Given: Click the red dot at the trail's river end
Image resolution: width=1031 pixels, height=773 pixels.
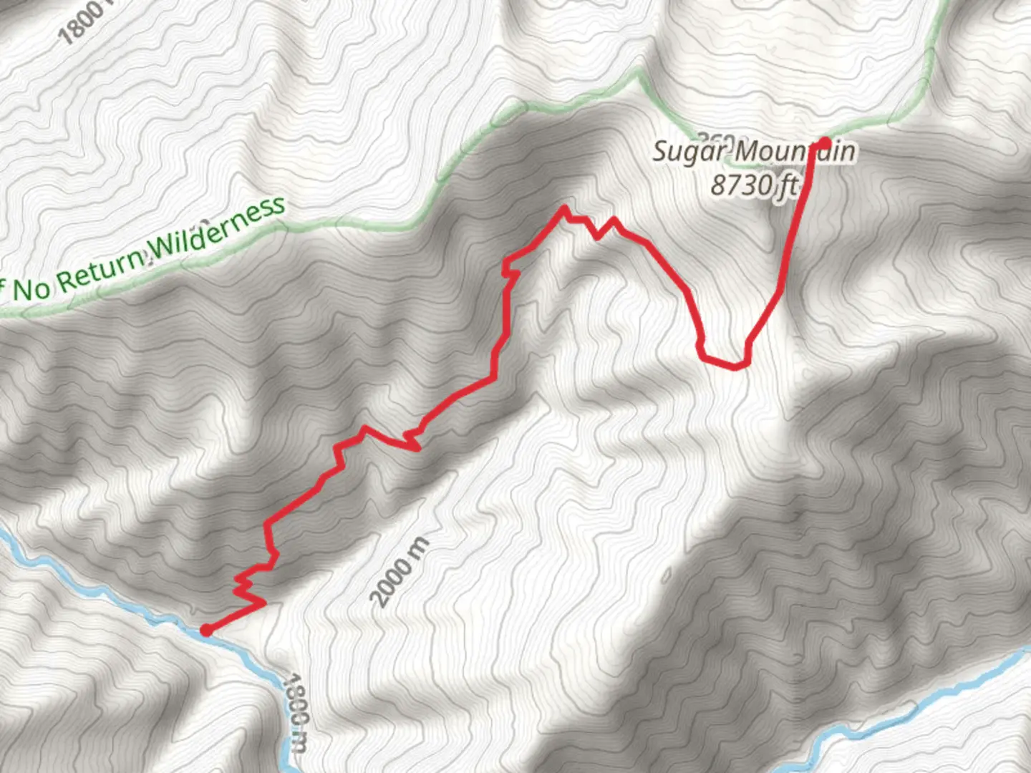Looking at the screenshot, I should (x=206, y=630).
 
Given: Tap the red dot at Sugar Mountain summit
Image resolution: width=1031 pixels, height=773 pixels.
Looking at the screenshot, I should (x=824, y=143).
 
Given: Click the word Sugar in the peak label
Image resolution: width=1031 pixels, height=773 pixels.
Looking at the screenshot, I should (x=689, y=152).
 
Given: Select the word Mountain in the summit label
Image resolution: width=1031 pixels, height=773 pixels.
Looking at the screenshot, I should (x=795, y=152).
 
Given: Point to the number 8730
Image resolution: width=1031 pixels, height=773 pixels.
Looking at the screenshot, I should (x=741, y=185).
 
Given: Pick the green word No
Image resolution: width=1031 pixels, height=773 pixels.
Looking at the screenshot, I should (x=32, y=288).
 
